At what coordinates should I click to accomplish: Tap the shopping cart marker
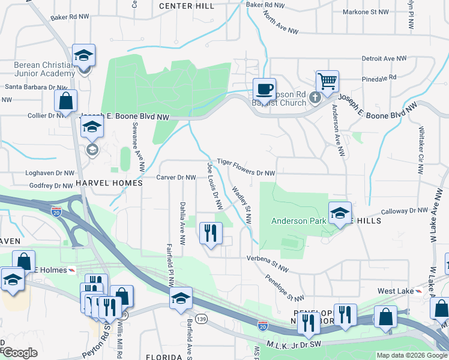[327, 82]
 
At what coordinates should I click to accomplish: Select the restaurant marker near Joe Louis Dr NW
[211, 233]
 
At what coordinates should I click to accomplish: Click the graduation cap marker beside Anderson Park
[340, 213]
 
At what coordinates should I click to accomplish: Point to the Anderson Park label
[298, 221]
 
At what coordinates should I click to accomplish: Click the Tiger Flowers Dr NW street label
[246, 167]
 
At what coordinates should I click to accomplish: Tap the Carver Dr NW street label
[176, 178]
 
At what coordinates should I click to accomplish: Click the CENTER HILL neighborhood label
[187, 6]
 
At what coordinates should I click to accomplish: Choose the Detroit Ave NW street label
[385, 59]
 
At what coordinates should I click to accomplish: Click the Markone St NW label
[366, 12]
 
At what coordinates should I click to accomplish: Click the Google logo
[20, 353]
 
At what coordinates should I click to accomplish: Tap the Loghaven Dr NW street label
[49, 173]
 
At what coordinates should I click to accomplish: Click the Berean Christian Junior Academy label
[35, 69]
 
